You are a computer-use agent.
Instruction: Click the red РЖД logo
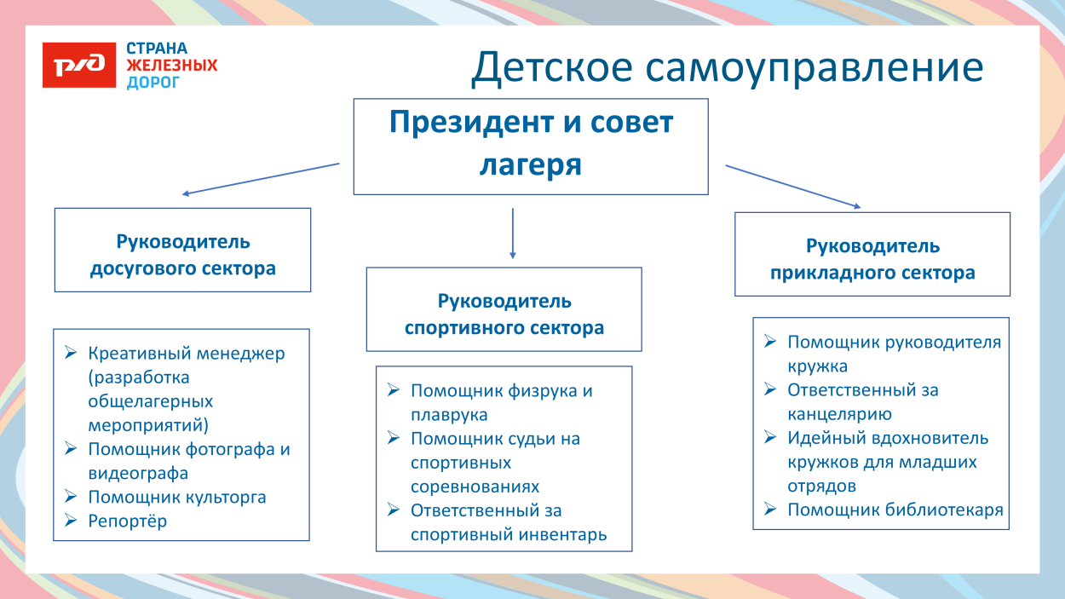[79, 66]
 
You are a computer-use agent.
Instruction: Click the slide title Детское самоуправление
[727, 68]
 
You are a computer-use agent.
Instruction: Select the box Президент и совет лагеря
[530, 146]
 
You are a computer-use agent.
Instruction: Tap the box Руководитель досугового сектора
[182, 250]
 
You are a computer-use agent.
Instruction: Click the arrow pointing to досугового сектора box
[261, 179]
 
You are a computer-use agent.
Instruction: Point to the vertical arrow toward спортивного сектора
[512, 232]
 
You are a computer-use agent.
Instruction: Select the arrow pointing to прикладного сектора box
[792, 187]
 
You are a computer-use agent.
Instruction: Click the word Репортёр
[128, 521]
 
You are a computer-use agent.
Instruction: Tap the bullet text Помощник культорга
[177, 498]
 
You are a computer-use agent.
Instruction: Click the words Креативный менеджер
[187, 354]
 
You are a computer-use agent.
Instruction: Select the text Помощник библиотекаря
[895, 510]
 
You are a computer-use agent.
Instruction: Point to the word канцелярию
[839, 415]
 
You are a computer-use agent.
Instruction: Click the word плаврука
[449, 416]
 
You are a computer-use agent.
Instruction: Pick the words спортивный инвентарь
[509, 535]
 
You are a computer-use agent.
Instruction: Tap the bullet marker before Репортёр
[71, 521]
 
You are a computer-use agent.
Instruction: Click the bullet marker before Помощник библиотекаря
[770, 510]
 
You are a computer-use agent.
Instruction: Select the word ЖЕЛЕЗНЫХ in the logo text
[171, 66]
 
